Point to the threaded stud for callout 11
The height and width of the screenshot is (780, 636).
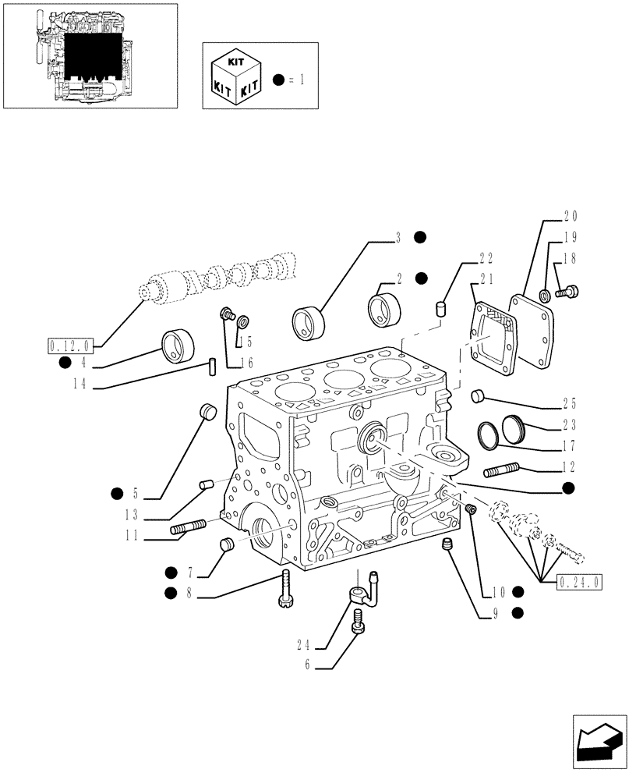(188, 529)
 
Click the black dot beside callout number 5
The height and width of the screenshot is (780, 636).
(117, 491)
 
